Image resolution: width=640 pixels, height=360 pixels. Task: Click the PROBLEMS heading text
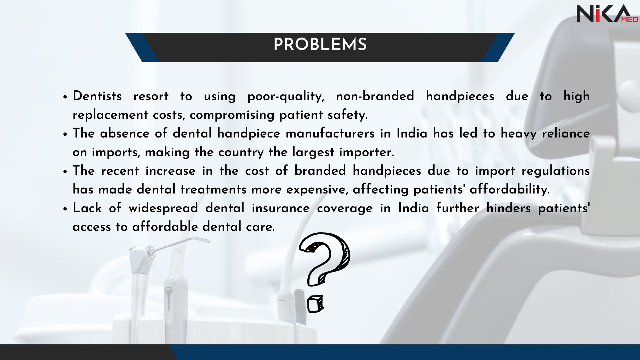[320, 44]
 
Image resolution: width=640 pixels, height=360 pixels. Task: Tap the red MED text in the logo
[629, 20]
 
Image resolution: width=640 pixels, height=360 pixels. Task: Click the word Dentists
[97, 96]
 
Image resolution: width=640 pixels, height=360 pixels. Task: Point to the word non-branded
[375, 96]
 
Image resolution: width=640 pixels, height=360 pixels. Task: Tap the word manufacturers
[330, 133]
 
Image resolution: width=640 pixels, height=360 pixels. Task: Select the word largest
[313, 152]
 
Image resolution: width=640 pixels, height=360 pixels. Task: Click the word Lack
[87, 208]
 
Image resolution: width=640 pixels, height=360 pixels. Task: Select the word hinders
[508, 208]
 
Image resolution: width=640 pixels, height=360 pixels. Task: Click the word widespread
[163, 208]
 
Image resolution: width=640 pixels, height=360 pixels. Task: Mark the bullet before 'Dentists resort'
[65, 97]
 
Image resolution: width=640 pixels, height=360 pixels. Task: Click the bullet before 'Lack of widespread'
[65, 209]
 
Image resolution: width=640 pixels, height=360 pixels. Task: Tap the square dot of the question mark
[315, 304]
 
